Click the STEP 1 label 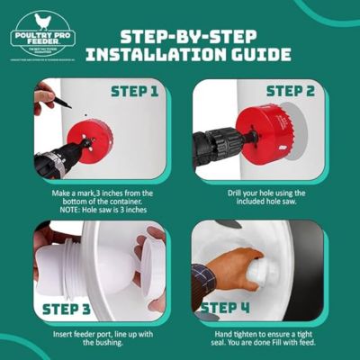(136, 91)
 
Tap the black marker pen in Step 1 (60, 102)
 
